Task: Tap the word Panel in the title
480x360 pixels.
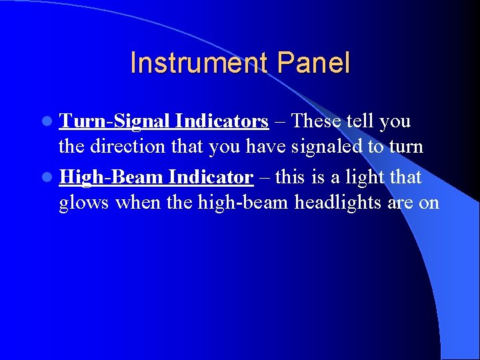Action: coord(313,63)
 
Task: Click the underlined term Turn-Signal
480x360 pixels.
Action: coord(117,121)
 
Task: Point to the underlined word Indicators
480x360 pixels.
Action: coord(222,121)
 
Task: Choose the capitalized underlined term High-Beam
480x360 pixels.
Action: coord(111,177)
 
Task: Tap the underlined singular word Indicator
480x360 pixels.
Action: coord(211,177)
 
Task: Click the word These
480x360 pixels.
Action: coord(317,121)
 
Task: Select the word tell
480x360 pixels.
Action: coord(361,121)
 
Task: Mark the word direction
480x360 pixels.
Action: coord(131,147)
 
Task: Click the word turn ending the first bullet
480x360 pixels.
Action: coord(406,147)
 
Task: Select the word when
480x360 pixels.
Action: coord(139,203)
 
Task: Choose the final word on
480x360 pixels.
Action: coord(429,203)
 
